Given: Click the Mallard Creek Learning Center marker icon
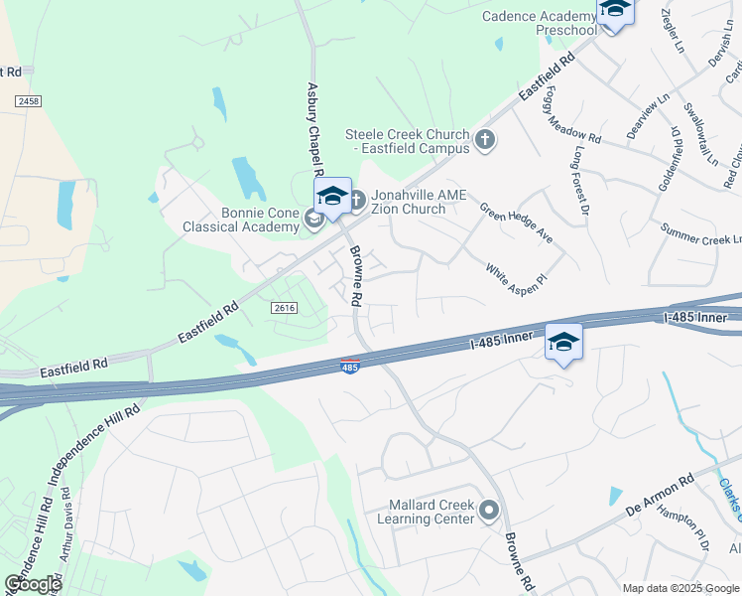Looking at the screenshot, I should (488, 511).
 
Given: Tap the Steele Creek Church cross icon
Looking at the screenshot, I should (484, 138).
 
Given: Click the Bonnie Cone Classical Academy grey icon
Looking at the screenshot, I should (314, 220).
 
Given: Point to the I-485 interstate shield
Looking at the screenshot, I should (349, 367).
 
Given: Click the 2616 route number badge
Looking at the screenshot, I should (284, 309).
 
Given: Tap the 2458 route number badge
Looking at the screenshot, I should (28, 102).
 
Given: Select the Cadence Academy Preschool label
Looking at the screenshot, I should (540, 23).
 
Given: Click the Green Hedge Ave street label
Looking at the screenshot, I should (516, 224).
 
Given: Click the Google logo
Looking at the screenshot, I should (32, 584).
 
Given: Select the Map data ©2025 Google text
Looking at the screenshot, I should (681, 588).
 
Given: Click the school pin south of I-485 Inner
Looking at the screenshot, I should (563, 342).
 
